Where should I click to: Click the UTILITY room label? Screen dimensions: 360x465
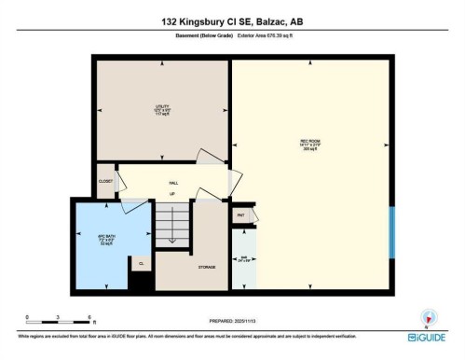tap(161, 108)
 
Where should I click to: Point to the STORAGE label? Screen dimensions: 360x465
tap(207, 268)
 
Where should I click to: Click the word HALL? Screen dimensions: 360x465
tap(173, 181)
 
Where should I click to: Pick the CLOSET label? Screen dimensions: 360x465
tap(105, 181)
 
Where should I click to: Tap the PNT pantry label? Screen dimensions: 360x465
tap(240, 215)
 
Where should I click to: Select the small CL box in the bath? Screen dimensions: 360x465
tap(140, 264)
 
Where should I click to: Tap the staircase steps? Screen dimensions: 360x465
tap(171, 225)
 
